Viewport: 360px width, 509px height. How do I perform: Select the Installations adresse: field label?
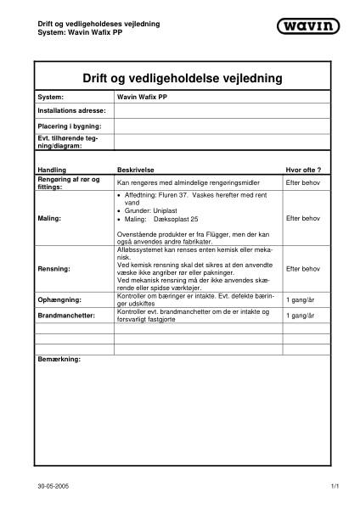coord(71,110)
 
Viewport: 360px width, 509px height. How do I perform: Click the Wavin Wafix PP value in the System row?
coord(142,98)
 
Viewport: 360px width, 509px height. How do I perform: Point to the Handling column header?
coord(52,170)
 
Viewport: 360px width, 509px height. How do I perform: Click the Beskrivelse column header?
coord(136,170)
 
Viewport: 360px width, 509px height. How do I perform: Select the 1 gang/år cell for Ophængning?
coord(301,299)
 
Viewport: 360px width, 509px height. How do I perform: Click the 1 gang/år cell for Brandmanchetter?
coord(301,315)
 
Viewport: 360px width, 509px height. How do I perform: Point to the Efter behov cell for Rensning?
coord(302,269)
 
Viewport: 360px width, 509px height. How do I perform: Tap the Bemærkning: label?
coord(59,360)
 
